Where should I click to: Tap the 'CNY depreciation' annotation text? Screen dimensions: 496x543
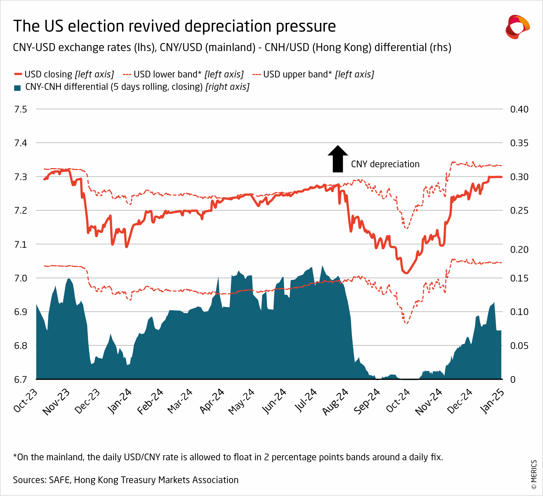pyautogui.click(x=385, y=164)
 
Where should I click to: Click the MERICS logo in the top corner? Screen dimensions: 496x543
pyautogui.click(x=517, y=27)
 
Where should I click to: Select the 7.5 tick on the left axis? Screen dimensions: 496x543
pyautogui.click(x=21, y=109)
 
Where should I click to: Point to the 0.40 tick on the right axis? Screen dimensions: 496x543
pyautogui.click(x=519, y=109)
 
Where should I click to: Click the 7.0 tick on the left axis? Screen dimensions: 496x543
pyautogui.click(x=21, y=278)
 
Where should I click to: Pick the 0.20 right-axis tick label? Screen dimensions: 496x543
pyautogui.click(x=519, y=249)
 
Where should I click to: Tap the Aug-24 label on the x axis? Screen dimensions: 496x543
pyautogui.click(x=336, y=401)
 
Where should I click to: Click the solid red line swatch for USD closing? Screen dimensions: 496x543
pyautogui.click(x=18, y=74)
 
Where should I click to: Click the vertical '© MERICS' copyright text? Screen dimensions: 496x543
pyautogui.click(x=534, y=474)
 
